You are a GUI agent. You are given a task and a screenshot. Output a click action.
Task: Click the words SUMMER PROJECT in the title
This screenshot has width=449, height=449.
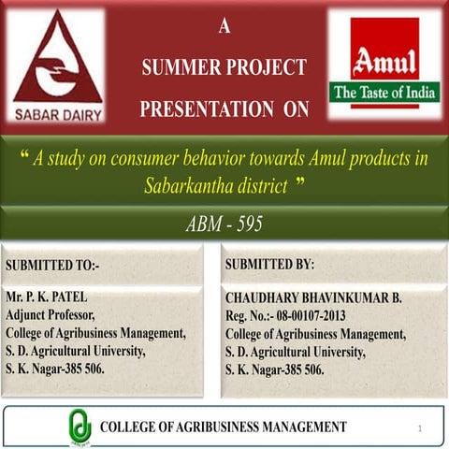point(223,67)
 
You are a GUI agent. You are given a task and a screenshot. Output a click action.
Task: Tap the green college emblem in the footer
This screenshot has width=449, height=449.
point(79,427)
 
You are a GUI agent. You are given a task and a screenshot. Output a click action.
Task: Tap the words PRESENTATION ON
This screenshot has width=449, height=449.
point(224,109)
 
